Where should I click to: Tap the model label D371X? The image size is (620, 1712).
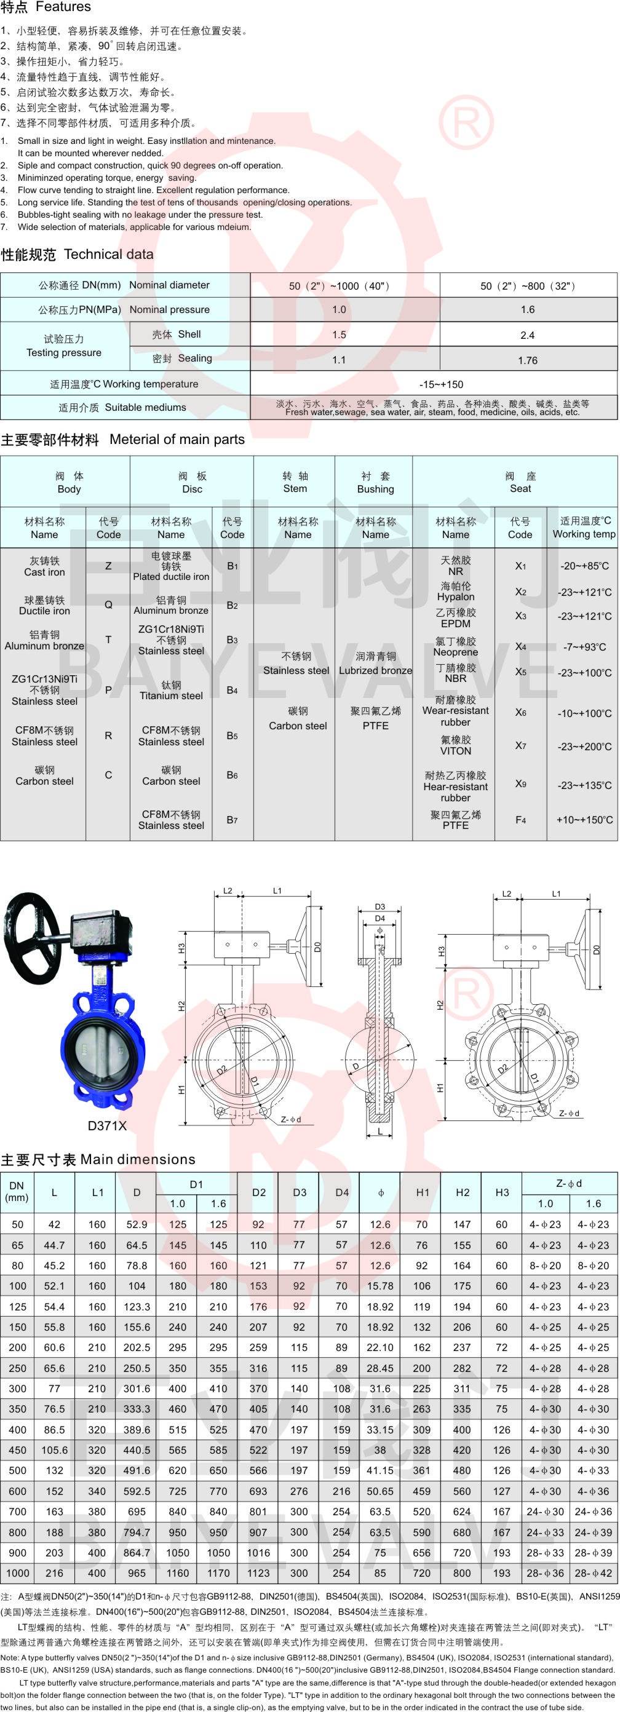point(107,1125)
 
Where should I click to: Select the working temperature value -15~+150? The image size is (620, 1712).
point(440,384)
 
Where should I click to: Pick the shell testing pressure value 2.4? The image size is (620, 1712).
point(527,335)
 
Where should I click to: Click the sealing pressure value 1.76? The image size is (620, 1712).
point(527,360)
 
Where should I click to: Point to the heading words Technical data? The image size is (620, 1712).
point(108,255)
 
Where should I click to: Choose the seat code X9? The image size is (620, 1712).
point(520,783)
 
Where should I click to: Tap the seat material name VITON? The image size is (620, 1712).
point(455,751)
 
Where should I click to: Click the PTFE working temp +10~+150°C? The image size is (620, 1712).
point(584,820)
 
